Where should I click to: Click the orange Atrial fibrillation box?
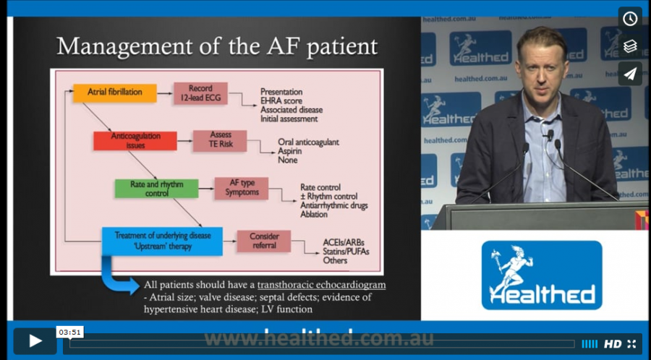tap(115, 93)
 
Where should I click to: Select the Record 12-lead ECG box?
tap(200, 93)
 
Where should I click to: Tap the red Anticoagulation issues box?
tap(135, 140)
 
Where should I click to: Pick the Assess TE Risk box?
tap(220, 140)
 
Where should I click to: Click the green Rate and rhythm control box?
tap(156, 188)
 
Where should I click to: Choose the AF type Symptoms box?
tap(242, 188)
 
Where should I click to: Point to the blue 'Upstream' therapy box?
tap(162, 241)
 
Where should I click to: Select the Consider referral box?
tap(264, 241)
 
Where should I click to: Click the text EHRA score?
tap(281, 100)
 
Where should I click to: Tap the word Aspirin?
tap(290, 151)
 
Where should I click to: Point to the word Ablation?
tap(314, 215)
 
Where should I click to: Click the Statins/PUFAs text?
tap(346, 252)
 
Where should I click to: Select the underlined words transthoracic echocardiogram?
tap(321, 285)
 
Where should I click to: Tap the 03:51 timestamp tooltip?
tap(69, 332)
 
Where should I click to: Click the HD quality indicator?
tap(613, 344)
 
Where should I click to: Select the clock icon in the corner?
tap(630, 18)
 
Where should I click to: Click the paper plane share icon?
tap(630, 74)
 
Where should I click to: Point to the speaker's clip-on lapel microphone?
tap(550, 134)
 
